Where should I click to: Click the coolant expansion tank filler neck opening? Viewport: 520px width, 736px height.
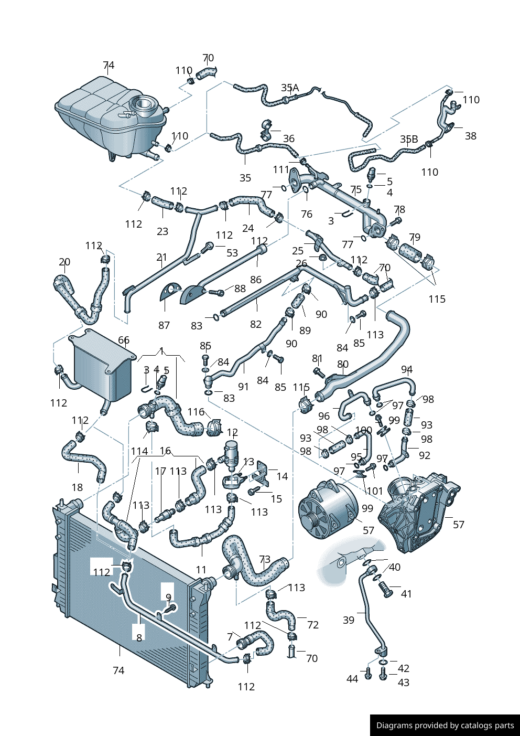point(143,105)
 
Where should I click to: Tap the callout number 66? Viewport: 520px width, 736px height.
point(124,340)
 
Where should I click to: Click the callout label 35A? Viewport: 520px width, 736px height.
point(290,88)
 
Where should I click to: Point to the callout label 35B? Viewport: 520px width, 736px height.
point(409,140)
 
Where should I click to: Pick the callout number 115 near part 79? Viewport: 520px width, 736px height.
point(437,299)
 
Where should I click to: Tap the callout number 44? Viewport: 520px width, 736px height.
point(352,678)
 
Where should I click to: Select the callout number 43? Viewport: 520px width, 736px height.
point(404,682)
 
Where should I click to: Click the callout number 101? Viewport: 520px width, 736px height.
point(375,491)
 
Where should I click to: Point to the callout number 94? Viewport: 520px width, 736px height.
point(407,370)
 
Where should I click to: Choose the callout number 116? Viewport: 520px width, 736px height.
point(196,412)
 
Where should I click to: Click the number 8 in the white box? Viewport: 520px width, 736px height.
point(139,638)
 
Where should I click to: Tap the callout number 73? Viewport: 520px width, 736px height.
point(265,559)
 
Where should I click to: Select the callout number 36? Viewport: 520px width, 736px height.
point(288,138)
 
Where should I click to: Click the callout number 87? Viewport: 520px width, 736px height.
point(164,325)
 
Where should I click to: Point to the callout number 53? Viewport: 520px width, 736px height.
point(232,253)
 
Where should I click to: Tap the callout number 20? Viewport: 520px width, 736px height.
point(64,262)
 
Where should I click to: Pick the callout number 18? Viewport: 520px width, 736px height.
point(77,487)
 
